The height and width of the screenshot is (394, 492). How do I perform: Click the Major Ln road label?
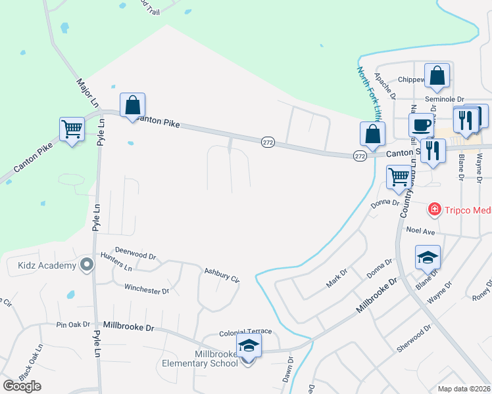[x=87, y=93]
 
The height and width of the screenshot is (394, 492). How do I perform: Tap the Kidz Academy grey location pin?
[x=86, y=265]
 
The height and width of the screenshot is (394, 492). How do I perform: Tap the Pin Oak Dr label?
[x=73, y=324]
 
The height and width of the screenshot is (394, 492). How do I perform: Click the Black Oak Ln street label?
[x=31, y=361]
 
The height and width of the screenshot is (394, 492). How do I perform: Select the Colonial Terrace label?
[x=245, y=332]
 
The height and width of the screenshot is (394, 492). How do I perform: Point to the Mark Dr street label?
[x=337, y=278]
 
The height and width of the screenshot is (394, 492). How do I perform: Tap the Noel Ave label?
[x=421, y=231]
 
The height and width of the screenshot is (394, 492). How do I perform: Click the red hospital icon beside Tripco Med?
[x=434, y=210]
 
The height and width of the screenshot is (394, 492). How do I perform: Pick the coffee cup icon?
[x=421, y=125]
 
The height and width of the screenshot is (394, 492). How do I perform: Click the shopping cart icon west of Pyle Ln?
[x=72, y=129]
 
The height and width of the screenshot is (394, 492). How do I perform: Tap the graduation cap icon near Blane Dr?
[x=428, y=257]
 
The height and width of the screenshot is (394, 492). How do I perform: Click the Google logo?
[x=22, y=386]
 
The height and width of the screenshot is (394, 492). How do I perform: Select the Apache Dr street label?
[x=384, y=85]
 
